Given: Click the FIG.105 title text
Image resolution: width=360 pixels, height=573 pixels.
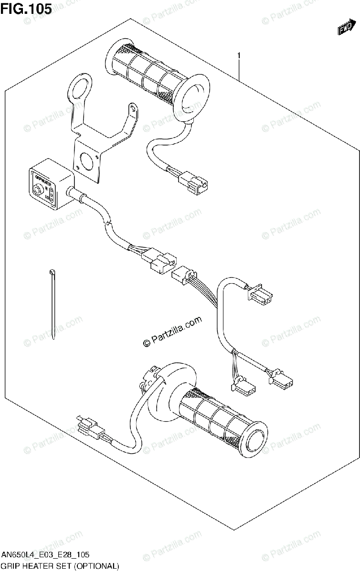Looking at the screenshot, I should coord(26,9).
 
